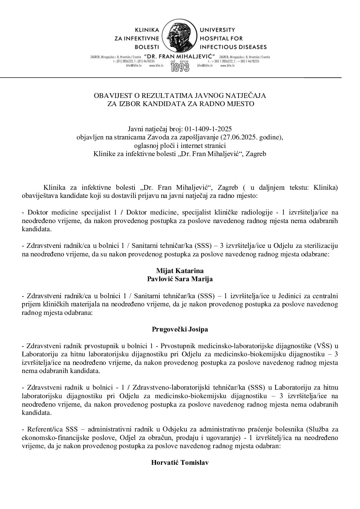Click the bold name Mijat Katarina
tap(180, 271)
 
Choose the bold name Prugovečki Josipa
tap(180, 329)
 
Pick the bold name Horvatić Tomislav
tap(180, 463)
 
